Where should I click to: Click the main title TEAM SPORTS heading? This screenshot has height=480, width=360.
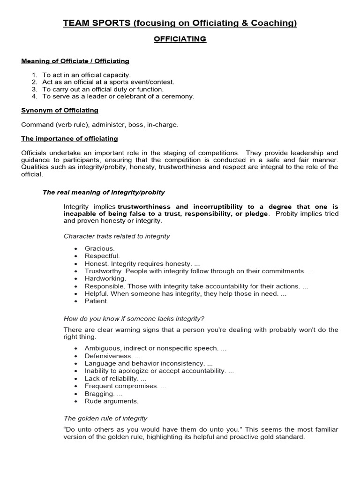point(180,23)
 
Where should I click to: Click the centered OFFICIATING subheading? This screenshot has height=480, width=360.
point(180,39)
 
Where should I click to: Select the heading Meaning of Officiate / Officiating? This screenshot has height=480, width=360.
point(75,61)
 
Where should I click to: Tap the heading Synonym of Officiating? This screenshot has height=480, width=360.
point(60,110)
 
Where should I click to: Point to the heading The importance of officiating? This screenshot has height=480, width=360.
point(69,139)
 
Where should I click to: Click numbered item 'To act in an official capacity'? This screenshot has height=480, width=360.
point(87,75)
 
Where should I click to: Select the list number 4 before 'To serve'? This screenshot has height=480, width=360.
point(34,97)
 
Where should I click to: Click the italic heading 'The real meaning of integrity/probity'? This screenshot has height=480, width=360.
point(104,192)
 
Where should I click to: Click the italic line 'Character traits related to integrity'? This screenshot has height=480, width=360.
point(117,236)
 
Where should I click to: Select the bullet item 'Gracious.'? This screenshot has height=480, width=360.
point(99,248)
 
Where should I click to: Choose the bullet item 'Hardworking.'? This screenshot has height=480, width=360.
point(105,278)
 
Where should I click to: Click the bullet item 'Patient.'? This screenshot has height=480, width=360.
point(96,301)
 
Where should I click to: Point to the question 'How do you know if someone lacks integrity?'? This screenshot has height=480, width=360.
point(134,319)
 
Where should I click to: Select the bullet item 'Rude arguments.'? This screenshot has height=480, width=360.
point(112,401)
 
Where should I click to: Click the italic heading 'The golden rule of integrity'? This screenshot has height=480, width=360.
point(105,418)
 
